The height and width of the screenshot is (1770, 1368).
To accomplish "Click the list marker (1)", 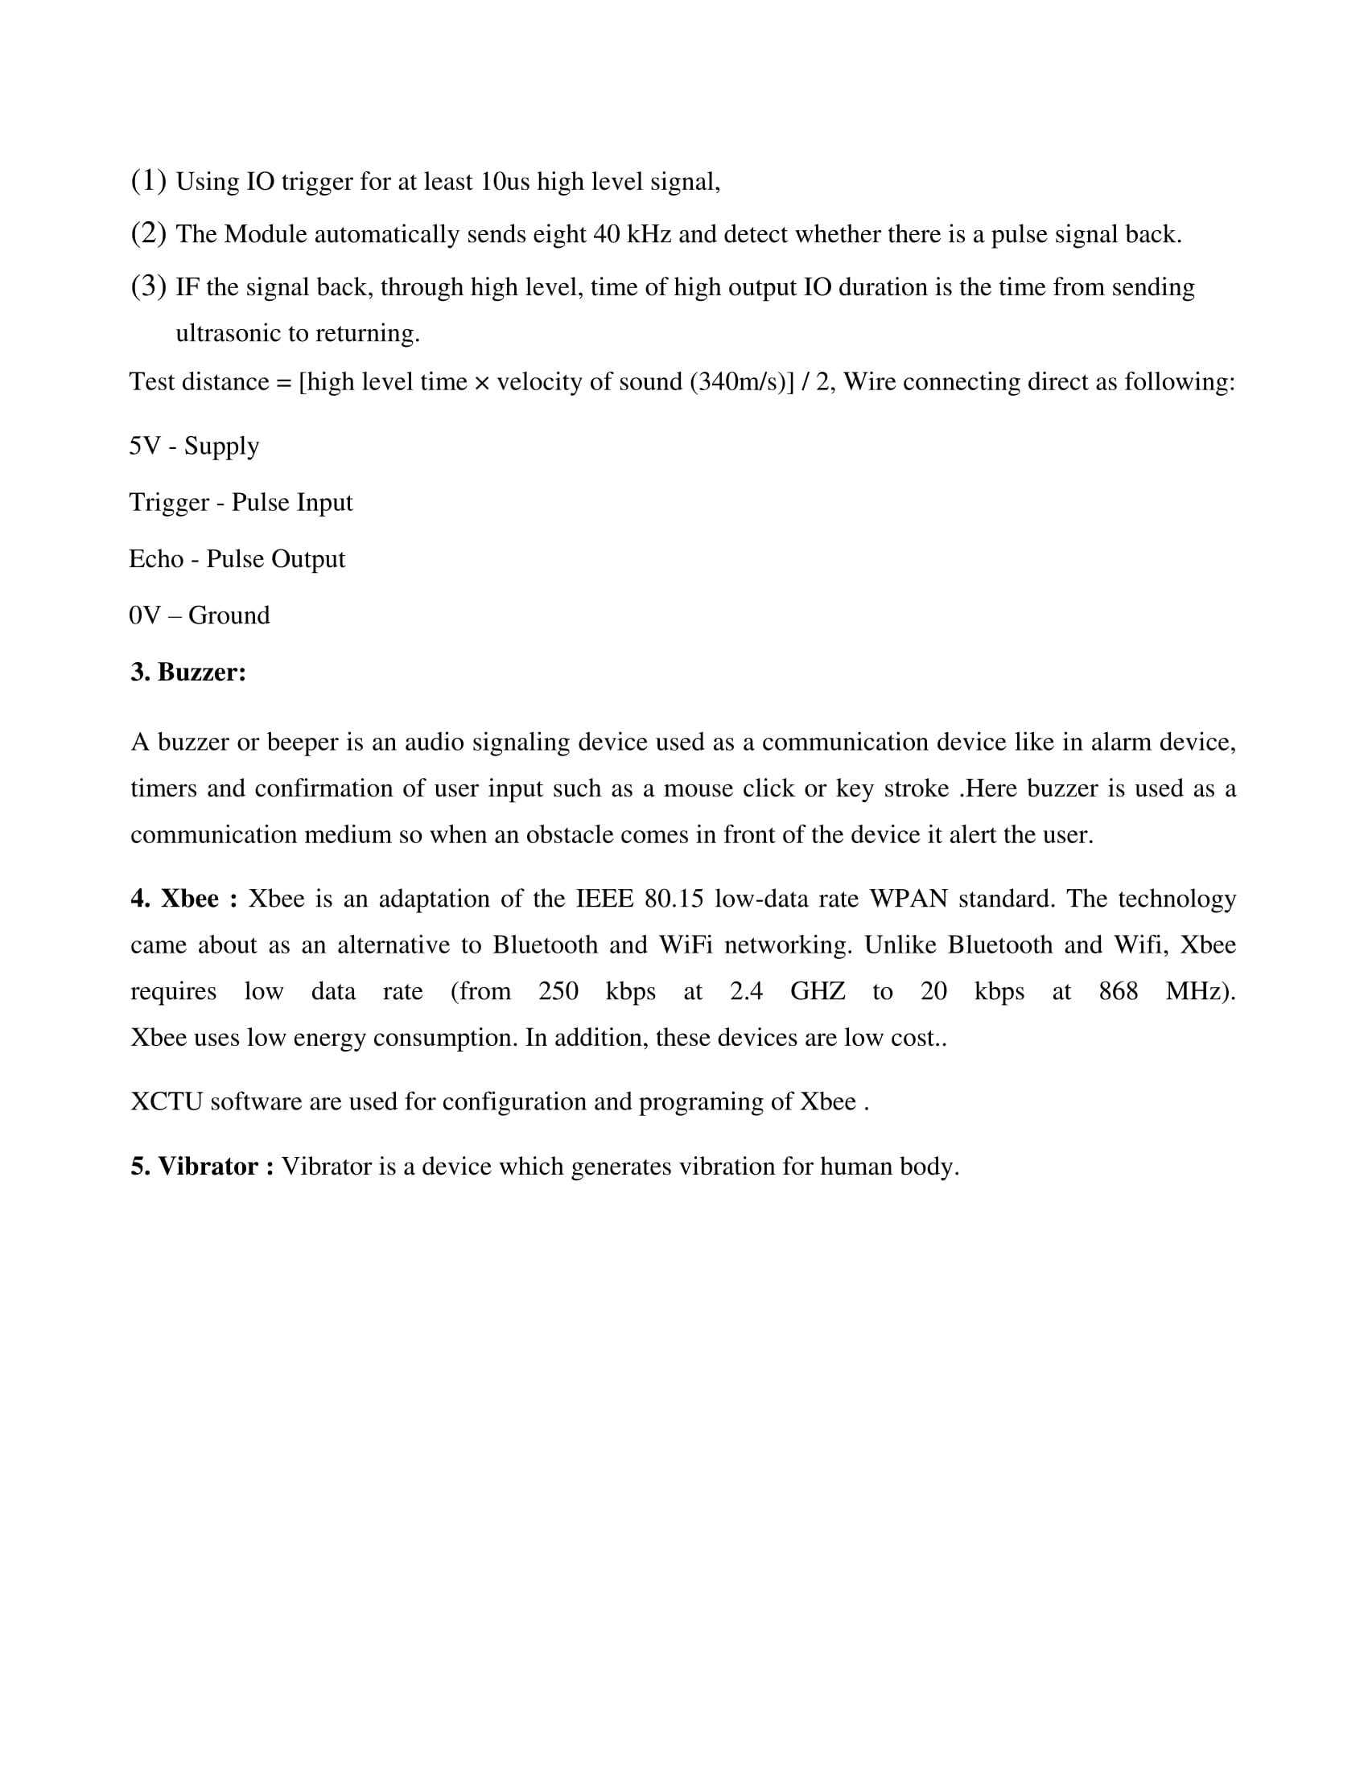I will coord(148,181).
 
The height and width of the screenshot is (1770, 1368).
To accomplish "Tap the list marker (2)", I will coord(148,233).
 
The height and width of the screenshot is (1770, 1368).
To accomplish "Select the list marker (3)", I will coord(148,286).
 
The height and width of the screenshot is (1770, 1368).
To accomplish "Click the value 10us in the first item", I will coord(504,182).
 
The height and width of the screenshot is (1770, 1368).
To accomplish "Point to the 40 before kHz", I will coord(606,234).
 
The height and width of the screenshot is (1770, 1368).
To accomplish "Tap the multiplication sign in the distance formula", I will coord(481,382).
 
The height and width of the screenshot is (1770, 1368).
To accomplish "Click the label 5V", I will coord(144,446).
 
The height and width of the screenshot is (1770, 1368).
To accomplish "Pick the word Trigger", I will coord(168,504).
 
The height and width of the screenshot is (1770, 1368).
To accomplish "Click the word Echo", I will coord(155,559).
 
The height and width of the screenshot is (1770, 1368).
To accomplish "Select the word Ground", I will coord(229,615).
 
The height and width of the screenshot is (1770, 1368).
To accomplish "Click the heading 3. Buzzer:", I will coord(188,672).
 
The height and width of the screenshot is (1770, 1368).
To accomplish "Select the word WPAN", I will coord(909,899).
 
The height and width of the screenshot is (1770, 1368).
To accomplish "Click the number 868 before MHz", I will coord(1118,991).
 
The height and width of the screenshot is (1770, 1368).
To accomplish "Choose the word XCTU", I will coord(166,1102).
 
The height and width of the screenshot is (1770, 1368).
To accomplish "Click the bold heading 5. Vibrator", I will coord(202,1167).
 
